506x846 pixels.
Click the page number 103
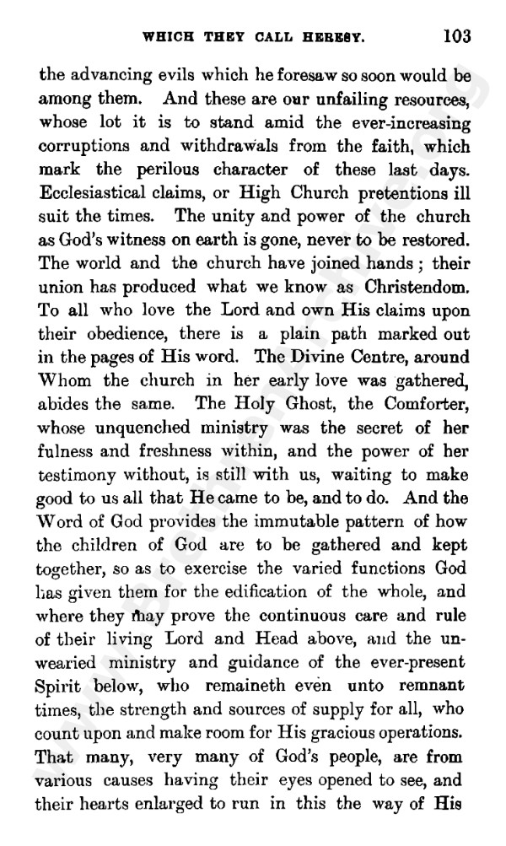[x=455, y=36]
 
